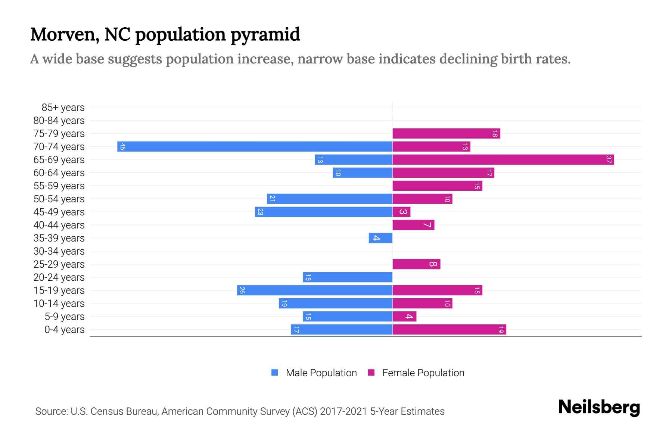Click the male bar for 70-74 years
click(x=255, y=146)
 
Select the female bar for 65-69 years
click(x=503, y=159)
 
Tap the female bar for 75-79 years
click(x=446, y=133)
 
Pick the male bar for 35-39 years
click(x=380, y=238)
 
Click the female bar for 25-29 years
click(x=416, y=264)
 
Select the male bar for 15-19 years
click(x=314, y=290)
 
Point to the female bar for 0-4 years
click(x=449, y=329)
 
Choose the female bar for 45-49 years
click(x=401, y=212)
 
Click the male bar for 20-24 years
click(x=347, y=277)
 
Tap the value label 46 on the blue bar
click(x=122, y=146)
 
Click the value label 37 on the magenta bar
click(x=609, y=159)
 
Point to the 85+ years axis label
click(x=63, y=108)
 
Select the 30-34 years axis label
click(x=59, y=251)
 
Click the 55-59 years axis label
click(x=59, y=186)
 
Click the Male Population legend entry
click(x=321, y=373)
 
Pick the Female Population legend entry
click(x=423, y=373)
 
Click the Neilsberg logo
click(x=599, y=407)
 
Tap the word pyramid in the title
click(x=265, y=34)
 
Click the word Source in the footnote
click(x=51, y=411)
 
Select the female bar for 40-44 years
click(x=413, y=225)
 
